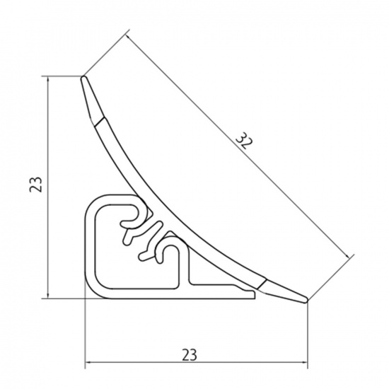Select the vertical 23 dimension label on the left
[36, 185]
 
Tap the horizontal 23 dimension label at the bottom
[190, 355]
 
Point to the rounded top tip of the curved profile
[83, 78]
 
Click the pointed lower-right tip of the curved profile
[306, 300]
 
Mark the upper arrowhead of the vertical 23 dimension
[48, 80]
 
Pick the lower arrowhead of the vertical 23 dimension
[48, 295]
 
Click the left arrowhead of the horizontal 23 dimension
[89, 362]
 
